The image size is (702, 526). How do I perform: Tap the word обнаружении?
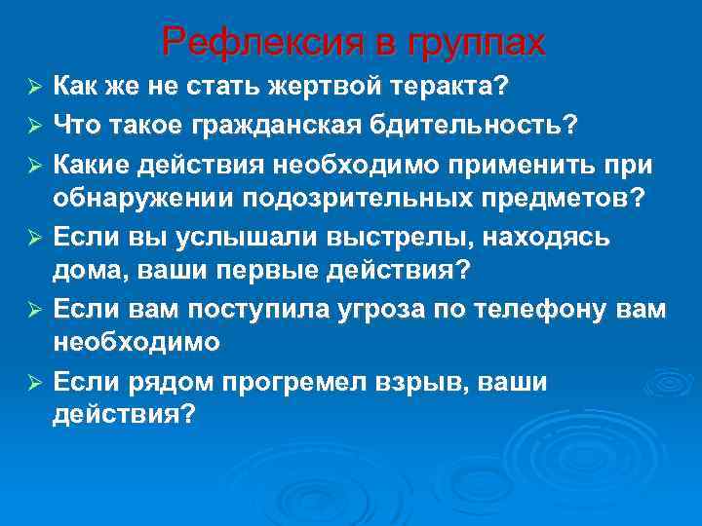point(135,199)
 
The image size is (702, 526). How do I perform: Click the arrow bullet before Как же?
point(32,89)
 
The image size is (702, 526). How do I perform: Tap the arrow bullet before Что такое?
point(32,126)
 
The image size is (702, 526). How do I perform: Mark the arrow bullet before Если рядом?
point(32,383)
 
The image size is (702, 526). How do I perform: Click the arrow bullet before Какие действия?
point(32,162)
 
